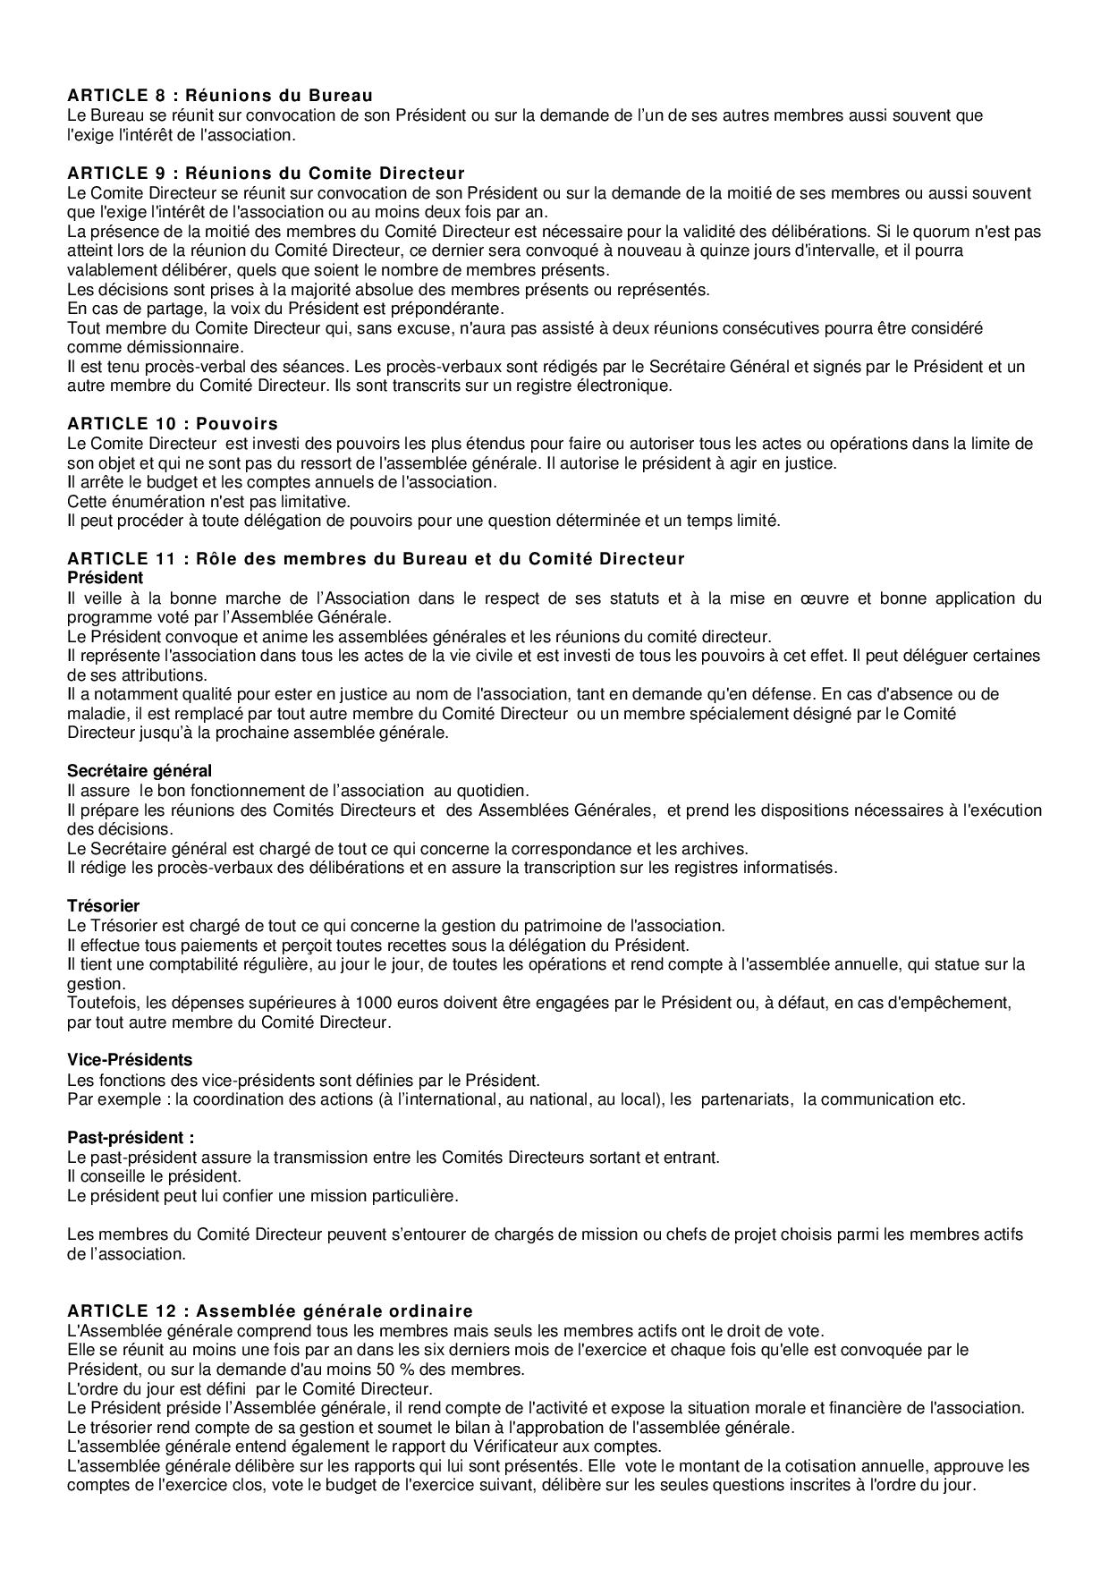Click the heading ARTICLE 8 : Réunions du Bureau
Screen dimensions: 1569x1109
[220, 95]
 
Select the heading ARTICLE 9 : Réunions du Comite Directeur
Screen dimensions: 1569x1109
[266, 173]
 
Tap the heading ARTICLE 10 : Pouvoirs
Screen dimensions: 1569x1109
[173, 423]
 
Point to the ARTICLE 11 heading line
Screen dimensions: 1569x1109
[376, 559]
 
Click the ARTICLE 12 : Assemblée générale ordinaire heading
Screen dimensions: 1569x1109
[270, 1311]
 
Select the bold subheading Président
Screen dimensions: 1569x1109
[105, 578]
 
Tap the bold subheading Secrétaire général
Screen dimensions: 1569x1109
[140, 770]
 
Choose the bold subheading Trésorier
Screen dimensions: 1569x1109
[104, 906]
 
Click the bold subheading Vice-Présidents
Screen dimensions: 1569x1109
[130, 1060]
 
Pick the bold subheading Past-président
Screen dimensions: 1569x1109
[131, 1137]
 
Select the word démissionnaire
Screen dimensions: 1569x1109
[123, 347]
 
